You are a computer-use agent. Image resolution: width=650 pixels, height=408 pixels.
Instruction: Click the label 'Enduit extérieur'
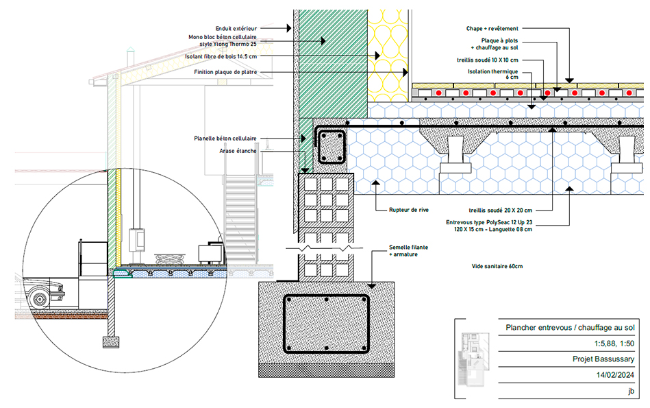coord(236,28)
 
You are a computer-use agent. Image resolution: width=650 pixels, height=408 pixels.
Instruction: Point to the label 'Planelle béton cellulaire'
coord(225,139)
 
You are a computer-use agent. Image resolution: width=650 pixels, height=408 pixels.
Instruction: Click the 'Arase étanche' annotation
coord(238,151)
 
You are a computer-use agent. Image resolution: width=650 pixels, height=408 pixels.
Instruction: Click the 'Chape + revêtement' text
coord(492,28)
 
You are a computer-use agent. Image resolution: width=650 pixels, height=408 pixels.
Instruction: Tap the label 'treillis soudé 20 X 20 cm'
coord(496,210)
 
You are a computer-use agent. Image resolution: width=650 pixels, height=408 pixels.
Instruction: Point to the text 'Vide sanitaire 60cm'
coord(497,265)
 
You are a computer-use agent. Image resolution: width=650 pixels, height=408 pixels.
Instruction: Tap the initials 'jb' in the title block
coord(630,391)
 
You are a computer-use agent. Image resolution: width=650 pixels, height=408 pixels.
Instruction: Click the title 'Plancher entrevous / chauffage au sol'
coord(570,328)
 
